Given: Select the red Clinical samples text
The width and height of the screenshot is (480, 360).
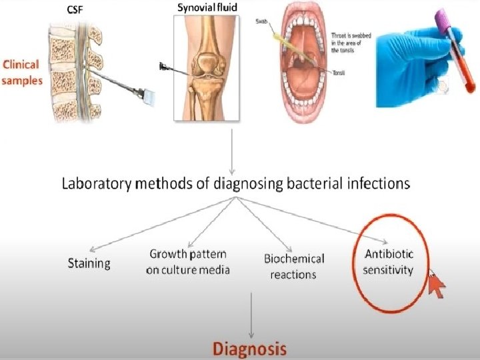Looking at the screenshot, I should [x=21, y=72].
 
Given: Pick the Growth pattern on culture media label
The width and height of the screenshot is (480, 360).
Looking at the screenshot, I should [x=188, y=262].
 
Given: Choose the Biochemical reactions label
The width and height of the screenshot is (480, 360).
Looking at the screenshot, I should [x=293, y=266].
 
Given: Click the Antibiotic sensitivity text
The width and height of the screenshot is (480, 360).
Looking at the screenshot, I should [x=389, y=262].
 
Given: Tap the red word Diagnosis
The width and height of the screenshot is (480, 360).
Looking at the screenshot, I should [x=249, y=348].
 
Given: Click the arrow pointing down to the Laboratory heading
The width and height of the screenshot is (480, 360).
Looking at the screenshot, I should [x=231, y=150].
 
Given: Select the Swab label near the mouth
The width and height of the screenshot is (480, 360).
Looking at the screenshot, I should [x=262, y=22].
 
